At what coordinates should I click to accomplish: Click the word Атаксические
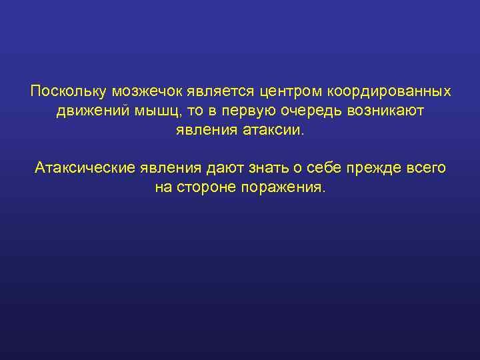point(85,167)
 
